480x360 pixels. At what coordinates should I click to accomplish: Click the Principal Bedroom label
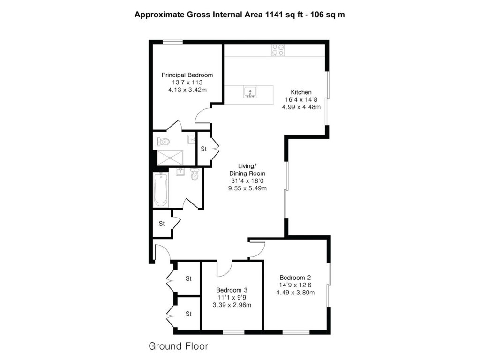coord(187,75)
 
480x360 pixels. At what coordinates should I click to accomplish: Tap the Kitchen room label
coord(301,92)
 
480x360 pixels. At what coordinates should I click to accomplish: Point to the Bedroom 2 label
coord(295,277)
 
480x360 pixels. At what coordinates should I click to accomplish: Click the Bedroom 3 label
coord(232,290)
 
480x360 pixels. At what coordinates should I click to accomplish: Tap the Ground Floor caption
coord(178,347)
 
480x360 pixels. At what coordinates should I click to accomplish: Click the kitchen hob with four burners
coord(277,50)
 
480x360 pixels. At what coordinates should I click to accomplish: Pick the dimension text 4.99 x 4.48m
coord(301,107)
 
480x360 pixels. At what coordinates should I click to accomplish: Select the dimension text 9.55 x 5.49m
coord(247,188)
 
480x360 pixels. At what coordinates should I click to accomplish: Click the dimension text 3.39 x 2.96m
coord(232,305)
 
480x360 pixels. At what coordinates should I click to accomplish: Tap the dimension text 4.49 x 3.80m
coord(295,292)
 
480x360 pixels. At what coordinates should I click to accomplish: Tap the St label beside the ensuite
coord(204,150)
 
